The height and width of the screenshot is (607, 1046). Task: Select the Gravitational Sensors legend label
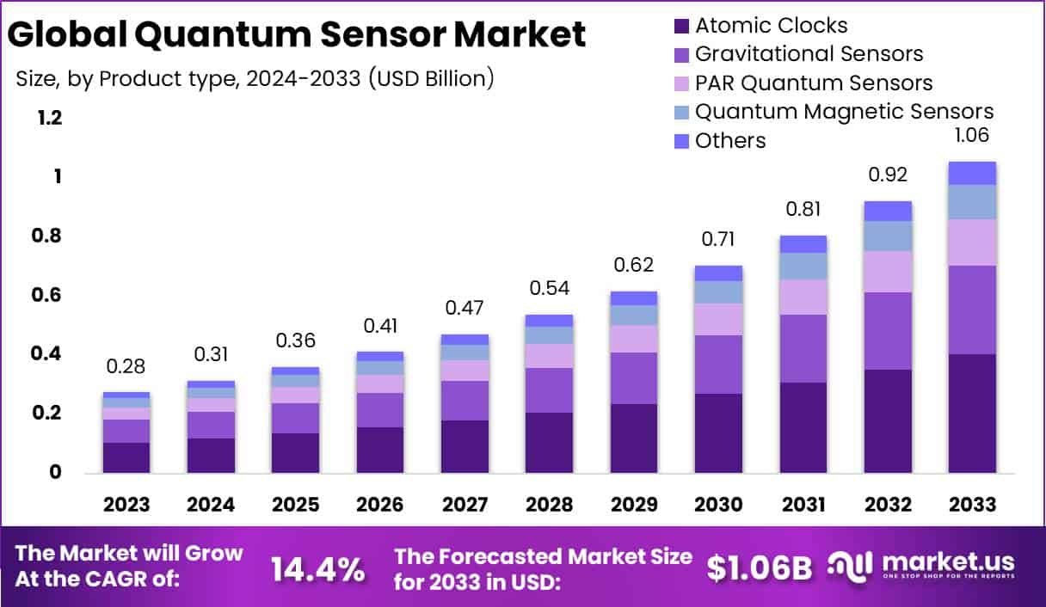click(x=809, y=54)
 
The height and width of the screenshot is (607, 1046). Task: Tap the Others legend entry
click(x=730, y=140)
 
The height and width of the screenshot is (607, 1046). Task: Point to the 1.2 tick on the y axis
click(x=50, y=118)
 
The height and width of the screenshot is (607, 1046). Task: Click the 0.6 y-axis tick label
click(x=50, y=295)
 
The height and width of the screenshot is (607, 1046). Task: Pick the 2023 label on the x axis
click(x=126, y=504)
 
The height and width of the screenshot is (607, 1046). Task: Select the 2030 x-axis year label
click(x=719, y=504)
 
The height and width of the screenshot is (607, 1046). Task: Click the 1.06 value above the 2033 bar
click(x=971, y=135)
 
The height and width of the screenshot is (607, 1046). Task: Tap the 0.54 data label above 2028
click(x=549, y=287)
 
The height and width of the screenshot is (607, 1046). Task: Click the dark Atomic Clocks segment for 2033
click(x=971, y=413)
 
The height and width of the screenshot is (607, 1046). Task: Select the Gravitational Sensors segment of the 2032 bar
click(x=887, y=331)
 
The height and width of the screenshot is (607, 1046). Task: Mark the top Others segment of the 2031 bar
click(x=803, y=244)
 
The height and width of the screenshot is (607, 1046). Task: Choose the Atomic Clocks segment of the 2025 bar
click(x=295, y=452)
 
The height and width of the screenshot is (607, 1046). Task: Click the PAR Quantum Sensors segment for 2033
click(x=971, y=242)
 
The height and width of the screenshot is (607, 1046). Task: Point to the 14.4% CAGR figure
click(x=317, y=568)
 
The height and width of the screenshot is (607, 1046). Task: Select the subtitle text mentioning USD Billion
click(x=255, y=79)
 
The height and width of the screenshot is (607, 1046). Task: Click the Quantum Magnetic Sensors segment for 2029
click(x=633, y=316)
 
